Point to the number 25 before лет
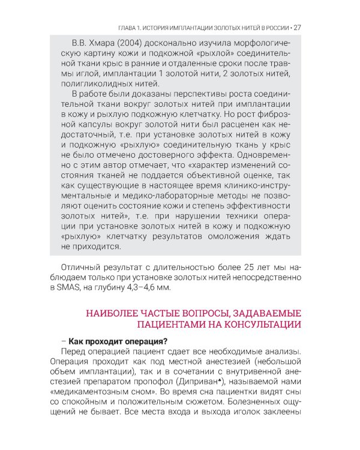point(217,267)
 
